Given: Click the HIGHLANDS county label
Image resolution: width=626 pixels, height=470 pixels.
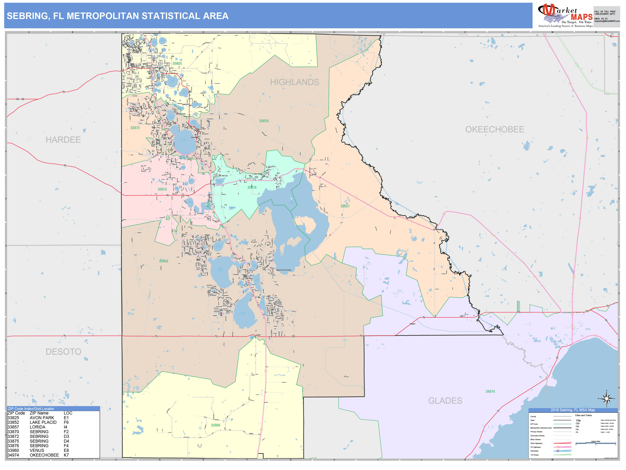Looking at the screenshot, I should [x=294, y=82].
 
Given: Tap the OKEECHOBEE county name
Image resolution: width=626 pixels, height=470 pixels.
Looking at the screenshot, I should [x=495, y=129].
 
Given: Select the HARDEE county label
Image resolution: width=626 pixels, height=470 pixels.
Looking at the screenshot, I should [x=63, y=140].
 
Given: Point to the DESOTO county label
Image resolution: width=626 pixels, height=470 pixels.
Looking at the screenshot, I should [x=63, y=352].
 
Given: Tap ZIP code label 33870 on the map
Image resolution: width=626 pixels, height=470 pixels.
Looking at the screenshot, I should [x=264, y=121].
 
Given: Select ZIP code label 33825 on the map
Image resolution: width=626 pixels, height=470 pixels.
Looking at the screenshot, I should [x=178, y=63].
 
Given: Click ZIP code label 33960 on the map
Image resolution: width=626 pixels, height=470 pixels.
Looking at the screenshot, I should [x=215, y=425].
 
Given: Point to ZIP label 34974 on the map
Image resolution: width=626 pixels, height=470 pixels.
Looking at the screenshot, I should [x=490, y=391].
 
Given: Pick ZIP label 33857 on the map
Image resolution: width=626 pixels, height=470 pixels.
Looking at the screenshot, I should [x=345, y=206].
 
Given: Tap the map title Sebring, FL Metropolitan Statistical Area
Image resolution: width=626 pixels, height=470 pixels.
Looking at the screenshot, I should [x=117, y=16].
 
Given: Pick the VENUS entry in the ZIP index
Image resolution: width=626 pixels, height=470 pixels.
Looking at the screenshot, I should [x=37, y=450].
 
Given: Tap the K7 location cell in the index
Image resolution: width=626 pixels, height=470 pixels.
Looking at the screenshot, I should [x=66, y=455].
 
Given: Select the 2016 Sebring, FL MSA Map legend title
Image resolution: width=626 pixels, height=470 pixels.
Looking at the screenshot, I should [x=573, y=410].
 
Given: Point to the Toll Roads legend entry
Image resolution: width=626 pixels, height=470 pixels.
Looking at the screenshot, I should [x=534, y=455].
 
